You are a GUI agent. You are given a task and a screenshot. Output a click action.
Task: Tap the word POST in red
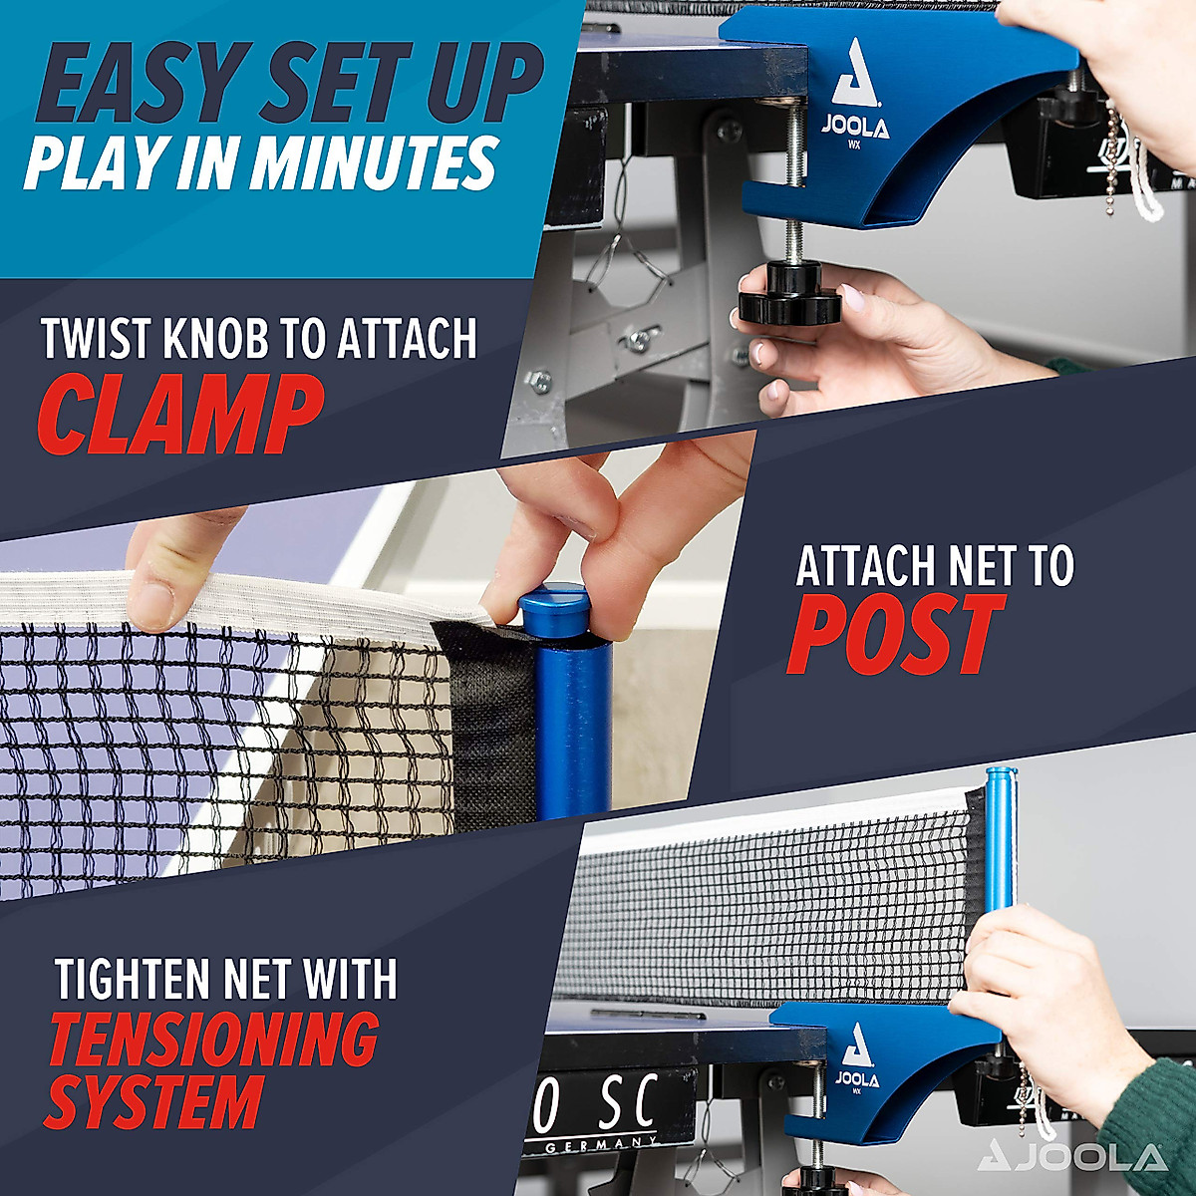[895, 635]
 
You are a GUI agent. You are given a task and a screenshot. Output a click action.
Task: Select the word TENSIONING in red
[214, 1040]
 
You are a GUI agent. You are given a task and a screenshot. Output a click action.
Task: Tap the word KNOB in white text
[213, 339]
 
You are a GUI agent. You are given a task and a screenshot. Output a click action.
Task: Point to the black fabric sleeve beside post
[488, 718]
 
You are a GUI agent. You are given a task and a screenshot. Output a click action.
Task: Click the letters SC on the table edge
[628, 1104]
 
